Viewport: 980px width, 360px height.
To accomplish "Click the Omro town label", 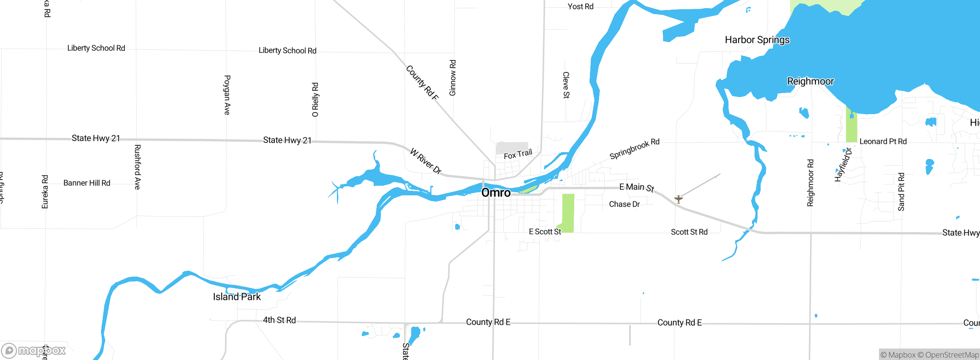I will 496,193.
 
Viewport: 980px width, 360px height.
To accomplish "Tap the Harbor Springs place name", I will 757,40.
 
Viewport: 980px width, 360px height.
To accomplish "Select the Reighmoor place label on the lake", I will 810,81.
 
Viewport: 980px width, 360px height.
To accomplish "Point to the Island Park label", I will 237,297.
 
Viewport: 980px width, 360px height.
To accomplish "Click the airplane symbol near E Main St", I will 678,199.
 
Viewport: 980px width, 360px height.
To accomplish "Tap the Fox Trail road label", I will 518,154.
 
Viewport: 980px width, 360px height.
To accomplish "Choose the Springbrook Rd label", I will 634,149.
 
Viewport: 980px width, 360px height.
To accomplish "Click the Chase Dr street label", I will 624,204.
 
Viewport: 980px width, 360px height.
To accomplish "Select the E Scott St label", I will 544,232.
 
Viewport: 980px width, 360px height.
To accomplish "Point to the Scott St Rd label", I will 689,232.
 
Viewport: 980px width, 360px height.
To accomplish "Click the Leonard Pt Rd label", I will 883,141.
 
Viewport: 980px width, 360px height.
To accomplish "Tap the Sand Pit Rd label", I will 901,192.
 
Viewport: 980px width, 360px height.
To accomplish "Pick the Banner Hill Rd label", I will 87,183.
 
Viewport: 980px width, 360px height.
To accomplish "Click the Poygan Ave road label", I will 227,95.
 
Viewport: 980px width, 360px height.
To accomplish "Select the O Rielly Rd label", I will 315,100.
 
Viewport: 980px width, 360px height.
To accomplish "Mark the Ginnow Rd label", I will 452,78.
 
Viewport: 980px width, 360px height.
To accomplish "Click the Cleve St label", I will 566,85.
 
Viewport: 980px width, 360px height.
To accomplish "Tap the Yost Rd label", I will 580,7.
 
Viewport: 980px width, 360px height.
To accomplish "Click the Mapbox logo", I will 34,350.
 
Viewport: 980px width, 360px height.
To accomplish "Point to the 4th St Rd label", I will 279,320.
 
